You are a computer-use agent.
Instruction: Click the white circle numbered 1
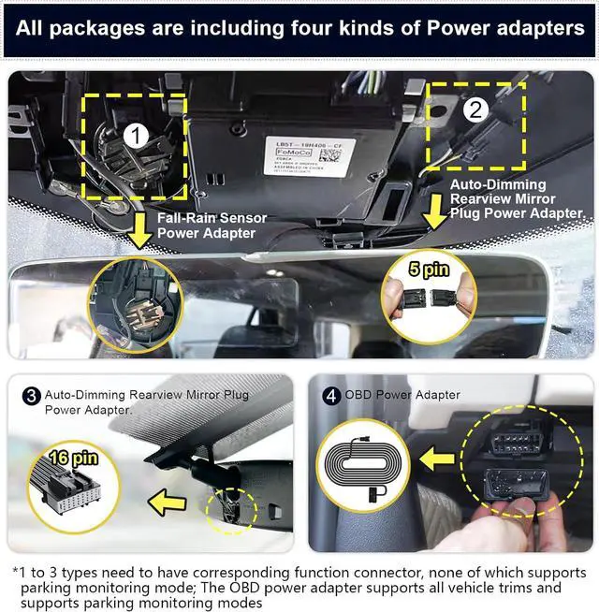(x=137, y=138)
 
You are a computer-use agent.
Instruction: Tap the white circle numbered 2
(x=476, y=109)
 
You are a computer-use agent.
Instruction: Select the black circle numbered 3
(x=31, y=395)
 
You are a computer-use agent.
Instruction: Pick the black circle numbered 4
(x=330, y=395)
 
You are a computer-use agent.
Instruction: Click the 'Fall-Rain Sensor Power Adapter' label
(x=212, y=225)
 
